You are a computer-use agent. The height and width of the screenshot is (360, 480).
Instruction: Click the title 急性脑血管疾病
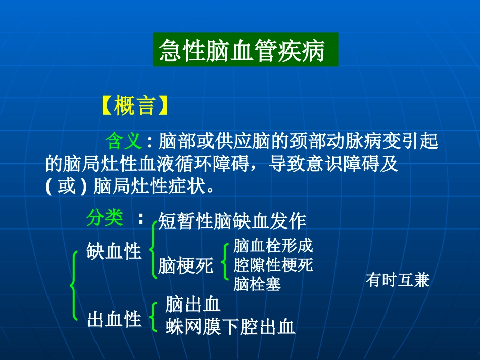click(246, 50)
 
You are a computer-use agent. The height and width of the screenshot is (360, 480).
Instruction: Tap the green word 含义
click(124, 141)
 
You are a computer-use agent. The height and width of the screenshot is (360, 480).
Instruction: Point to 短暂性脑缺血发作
click(232, 221)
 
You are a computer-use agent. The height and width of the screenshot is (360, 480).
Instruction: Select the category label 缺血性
click(114, 250)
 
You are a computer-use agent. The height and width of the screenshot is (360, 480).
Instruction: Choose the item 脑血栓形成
click(273, 246)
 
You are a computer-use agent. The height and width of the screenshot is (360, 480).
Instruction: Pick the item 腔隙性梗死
click(273, 265)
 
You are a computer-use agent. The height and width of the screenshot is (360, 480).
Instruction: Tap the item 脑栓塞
click(257, 284)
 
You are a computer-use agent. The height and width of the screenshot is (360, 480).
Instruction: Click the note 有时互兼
click(397, 280)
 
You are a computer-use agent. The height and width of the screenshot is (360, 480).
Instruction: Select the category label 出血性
click(114, 319)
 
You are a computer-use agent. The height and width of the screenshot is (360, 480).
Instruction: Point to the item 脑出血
click(193, 304)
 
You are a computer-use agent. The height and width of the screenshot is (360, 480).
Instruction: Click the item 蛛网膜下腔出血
click(230, 327)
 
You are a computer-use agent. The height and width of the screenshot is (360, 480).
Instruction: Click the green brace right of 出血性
click(153, 317)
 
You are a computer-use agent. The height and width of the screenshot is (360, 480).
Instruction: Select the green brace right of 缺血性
click(153, 250)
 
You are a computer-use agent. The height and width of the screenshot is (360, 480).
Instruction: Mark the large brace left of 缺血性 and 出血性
click(74, 285)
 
